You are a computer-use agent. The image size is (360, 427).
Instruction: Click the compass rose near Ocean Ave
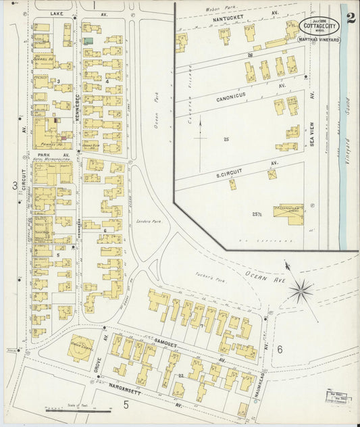301,291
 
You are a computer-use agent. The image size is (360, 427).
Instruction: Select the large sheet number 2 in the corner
351,18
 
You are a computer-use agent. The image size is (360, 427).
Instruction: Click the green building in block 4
88,41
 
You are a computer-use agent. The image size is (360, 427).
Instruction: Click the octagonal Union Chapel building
81,347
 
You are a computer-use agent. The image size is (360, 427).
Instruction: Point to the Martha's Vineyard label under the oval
319,40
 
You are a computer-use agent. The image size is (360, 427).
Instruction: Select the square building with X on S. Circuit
272,174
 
